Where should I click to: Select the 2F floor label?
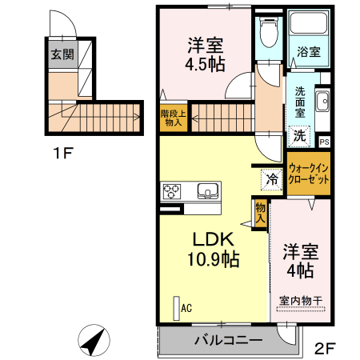pyautogui.click(x=325, y=349)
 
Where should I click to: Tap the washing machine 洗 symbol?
pyautogui.click(x=298, y=135)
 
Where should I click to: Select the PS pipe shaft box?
pyautogui.click(x=324, y=142)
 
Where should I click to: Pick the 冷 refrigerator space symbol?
pyautogui.click(x=272, y=178)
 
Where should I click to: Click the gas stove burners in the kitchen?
pyautogui.click(x=173, y=191)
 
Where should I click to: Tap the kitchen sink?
pyautogui.click(x=207, y=191)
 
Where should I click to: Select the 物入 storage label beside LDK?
pyautogui.click(x=260, y=212)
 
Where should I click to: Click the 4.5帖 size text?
pyautogui.click(x=205, y=64)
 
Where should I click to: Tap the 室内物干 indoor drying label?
pyautogui.click(x=301, y=301)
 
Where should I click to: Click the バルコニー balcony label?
pyautogui.click(x=228, y=341)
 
